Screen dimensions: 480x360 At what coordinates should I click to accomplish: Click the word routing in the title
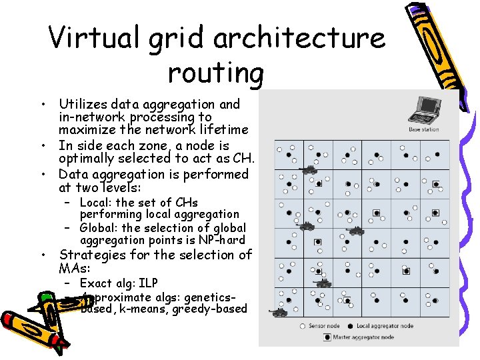tap(216, 72)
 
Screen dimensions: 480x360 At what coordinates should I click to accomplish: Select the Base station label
tap(423, 129)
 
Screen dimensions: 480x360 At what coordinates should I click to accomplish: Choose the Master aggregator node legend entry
tap(363, 337)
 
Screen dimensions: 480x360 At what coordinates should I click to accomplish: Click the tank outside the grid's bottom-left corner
tap(277, 311)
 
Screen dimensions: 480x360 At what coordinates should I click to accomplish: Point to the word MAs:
tap(75, 267)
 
